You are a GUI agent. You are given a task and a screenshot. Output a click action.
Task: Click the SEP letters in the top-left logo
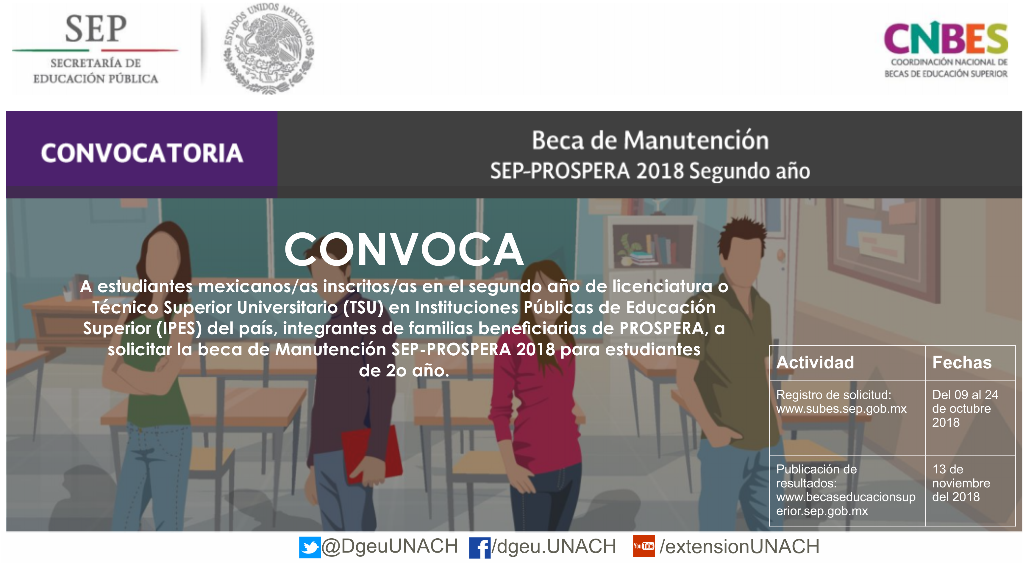pos(96,29)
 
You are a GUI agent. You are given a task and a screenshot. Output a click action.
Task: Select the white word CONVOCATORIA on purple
pos(142,153)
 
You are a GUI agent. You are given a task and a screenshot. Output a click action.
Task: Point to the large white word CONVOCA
pos(404,250)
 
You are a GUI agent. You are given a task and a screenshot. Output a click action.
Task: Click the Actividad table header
pos(815,362)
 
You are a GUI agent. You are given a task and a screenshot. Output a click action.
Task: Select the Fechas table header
pos(962,362)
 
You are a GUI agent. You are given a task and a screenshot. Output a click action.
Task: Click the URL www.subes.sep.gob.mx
pos(841,409)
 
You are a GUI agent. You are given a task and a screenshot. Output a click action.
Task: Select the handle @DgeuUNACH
pos(390,546)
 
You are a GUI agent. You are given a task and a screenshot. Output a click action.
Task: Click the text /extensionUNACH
pos(739,547)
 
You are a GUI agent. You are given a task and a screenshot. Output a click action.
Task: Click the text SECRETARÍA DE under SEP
pos(96,63)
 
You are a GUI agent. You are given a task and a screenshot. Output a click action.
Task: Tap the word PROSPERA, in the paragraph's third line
pos(662,328)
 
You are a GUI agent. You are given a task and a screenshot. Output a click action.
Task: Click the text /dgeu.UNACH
pos(554,547)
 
